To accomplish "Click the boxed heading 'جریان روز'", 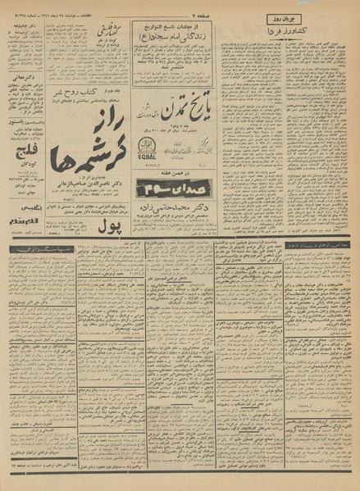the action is pos(328,17).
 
